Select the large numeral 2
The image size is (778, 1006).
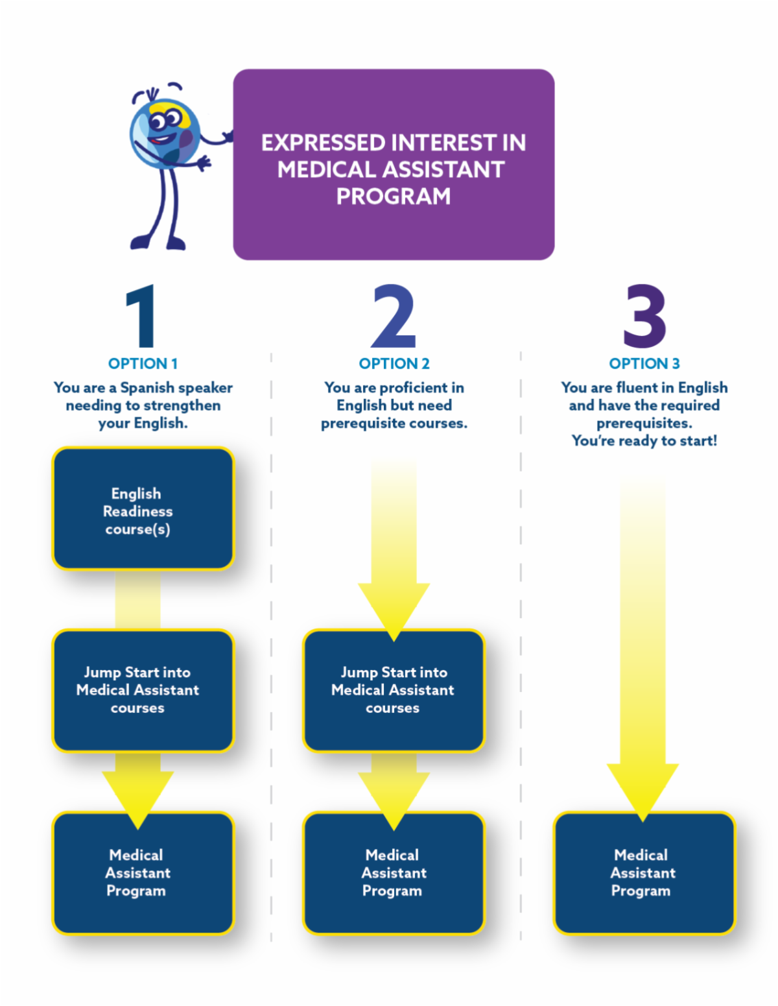[394, 316]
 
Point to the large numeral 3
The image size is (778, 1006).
[644, 316]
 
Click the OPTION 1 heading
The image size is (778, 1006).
[143, 364]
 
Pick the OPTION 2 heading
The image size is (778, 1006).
[394, 364]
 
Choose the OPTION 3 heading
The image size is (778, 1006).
[644, 364]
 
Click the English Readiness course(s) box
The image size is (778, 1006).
[143, 509]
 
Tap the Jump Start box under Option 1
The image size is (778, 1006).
[143, 690]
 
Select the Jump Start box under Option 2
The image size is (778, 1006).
[394, 690]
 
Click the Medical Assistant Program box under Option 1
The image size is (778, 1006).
[143, 872]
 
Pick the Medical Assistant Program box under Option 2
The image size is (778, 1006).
[394, 872]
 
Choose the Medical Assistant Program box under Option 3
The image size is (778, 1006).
[644, 872]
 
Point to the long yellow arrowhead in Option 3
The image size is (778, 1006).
[642, 788]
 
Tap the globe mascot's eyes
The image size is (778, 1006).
[166, 120]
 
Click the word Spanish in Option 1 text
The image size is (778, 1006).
[147, 388]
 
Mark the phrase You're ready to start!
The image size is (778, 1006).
[644, 441]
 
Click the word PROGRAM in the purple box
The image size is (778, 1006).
[394, 197]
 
